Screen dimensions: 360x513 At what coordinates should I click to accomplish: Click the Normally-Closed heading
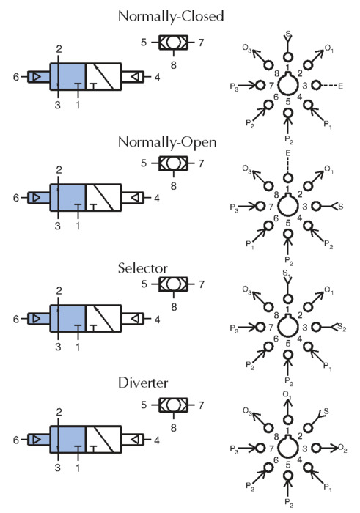(x=171, y=16)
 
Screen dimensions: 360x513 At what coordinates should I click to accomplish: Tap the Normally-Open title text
(x=167, y=142)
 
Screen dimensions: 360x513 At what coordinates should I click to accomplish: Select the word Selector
(x=143, y=268)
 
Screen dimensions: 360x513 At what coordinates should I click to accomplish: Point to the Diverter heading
(x=143, y=383)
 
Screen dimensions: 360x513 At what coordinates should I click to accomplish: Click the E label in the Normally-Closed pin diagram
(x=341, y=86)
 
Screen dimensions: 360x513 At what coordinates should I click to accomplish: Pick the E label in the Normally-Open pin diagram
(x=288, y=153)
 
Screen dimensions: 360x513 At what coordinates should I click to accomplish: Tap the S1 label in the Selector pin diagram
(x=287, y=273)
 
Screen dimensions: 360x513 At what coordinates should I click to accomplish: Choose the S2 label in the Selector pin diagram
(x=342, y=327)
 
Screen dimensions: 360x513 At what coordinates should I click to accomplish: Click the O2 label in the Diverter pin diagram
(x=342, y=448)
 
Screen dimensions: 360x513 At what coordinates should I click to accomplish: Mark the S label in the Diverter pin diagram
(x=326, y=411)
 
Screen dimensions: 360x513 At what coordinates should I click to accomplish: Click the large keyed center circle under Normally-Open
(x=288, y=205)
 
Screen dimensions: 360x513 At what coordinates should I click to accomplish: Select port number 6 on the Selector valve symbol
(x=16, y=319)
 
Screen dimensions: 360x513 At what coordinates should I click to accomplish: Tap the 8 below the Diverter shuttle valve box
(x=174, y=428)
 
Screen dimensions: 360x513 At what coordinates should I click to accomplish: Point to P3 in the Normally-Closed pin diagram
(x=235, y=87)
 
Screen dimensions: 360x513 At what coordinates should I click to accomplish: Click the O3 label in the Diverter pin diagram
(x=247, y=411)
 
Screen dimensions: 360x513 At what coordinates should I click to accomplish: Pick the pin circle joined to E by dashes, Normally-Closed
(x=316, y=86)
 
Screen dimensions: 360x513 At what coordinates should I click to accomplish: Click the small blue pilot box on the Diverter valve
(x=39, y=440)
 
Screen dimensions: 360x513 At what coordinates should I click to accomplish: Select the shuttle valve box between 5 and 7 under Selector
(x=174, y=284)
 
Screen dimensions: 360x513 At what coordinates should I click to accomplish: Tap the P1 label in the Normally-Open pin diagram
(x=250, y=245)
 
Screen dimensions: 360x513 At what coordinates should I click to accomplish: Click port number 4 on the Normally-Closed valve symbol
(x=157, y=78)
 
